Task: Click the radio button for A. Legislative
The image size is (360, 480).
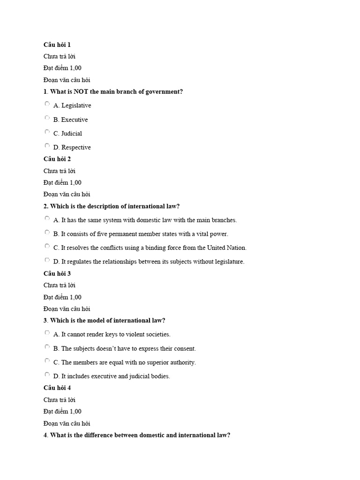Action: coord(47,104)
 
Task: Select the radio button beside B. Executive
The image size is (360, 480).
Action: coord(47,118)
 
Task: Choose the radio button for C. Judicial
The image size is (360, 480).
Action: coord(47,132)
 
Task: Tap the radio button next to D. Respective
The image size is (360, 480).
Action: coord(47,146)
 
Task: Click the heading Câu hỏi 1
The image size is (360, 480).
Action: coord(57,45)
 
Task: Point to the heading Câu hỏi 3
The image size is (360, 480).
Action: coord(57,273)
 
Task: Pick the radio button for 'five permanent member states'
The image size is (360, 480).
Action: coord(47,232)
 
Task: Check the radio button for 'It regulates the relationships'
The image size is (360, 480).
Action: coord(47,260)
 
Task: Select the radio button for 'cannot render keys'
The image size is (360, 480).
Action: coord(47,333)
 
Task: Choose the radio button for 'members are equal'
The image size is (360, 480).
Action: coord(47,361)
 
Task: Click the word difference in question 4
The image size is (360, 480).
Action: coord(99,435)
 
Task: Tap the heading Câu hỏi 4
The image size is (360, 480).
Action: coord(57,388)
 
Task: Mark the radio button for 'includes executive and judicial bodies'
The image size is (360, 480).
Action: coord(47,375)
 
